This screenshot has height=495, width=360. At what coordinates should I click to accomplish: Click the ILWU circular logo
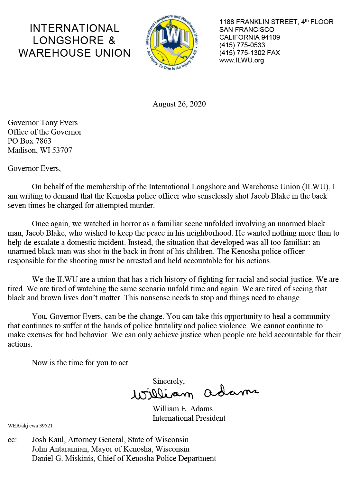(172, 42)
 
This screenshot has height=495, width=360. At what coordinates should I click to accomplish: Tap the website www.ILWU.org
(241, 61)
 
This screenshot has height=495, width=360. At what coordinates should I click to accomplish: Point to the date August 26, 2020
(179, 104)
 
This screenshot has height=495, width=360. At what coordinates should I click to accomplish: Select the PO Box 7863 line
(30, 141)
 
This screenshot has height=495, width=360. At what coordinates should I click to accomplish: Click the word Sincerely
(168, 381)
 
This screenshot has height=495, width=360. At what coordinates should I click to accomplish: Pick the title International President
(189, 418)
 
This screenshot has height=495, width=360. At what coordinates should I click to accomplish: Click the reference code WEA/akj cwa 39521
(30, 426)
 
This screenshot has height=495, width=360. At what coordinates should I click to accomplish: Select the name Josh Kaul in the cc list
(48, 440)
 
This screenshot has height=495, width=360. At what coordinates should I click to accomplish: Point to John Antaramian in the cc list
(60, 449)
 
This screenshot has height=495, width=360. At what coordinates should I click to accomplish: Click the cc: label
(12, 440)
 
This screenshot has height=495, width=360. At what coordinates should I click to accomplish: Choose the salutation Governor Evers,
(34, 169)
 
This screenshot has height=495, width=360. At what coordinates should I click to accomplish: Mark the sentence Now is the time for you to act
(81, 363)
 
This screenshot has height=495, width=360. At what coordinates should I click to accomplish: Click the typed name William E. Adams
(182, 409)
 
